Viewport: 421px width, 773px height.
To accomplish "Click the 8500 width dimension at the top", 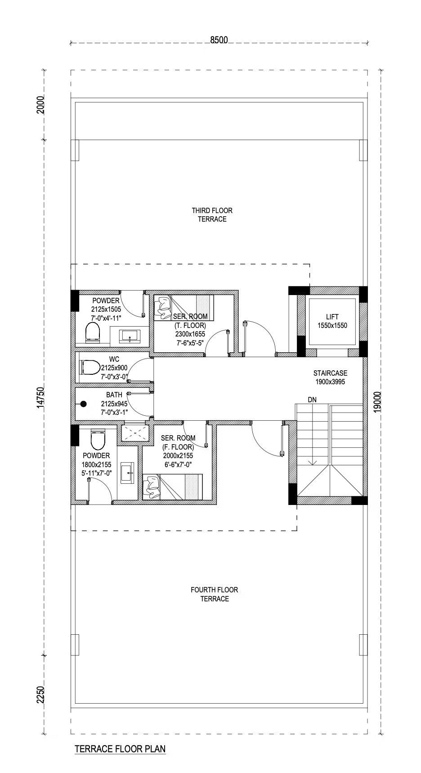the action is click(x=219, y=40).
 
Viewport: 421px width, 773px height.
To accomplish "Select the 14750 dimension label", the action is click(x=41, y=398).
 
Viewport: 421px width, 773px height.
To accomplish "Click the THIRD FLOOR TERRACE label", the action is click(x=212, y=215).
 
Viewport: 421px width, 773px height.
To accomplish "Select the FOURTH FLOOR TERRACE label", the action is click(x=215, y=594).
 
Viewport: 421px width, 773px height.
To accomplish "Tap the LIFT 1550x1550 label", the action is click(x=332, y=321).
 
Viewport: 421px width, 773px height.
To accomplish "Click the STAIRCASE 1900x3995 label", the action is click(x=331, y=377).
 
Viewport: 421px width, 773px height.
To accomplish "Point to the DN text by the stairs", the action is click(x=312, y=400).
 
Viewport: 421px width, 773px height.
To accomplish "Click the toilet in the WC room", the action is click(x=90, y=367).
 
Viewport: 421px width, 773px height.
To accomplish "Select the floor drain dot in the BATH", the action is click(x=83, y=404).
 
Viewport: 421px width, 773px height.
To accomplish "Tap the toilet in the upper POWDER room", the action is click(x=93, y=332).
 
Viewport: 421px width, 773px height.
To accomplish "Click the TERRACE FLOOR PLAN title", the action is click(x=120, y=749).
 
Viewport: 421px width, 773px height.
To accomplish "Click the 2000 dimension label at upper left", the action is click(x=41, y=105).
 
